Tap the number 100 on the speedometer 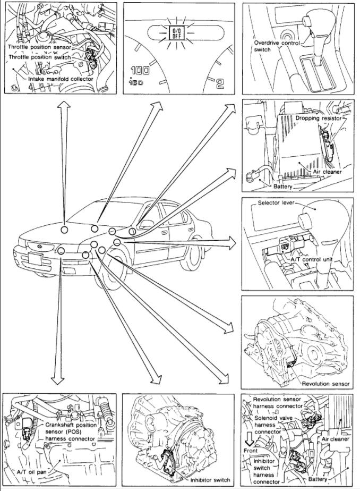140,70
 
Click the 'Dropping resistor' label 318,118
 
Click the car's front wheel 109,277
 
